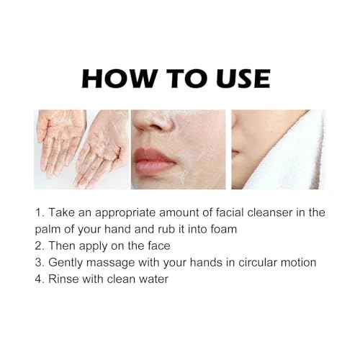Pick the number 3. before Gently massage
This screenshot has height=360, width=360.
(40, 261)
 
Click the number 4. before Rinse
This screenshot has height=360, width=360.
(40, 278)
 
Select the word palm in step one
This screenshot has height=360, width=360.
(48, 229)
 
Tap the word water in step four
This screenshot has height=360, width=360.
(153, 278)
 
